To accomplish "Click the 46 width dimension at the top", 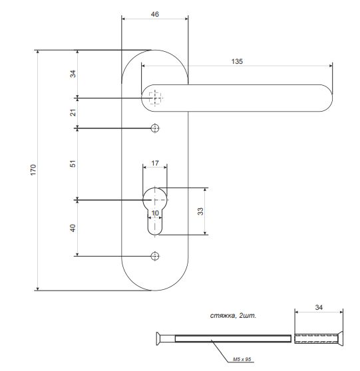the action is [x=154, y=14].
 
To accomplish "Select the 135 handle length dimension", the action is [x=237, y=62].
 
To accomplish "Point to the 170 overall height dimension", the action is [x=33, y=170].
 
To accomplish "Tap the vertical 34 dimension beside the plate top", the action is [x=73, y=74].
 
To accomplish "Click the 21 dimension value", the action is [x=73, y=112].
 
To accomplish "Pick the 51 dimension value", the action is [x=73, y=164].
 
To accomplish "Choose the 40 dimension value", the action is [x=73, y=228].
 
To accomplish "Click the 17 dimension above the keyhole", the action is [x=155, y=163].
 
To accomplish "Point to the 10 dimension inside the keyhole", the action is [x=155, y=213].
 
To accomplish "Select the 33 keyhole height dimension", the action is [x=200, y=211].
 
